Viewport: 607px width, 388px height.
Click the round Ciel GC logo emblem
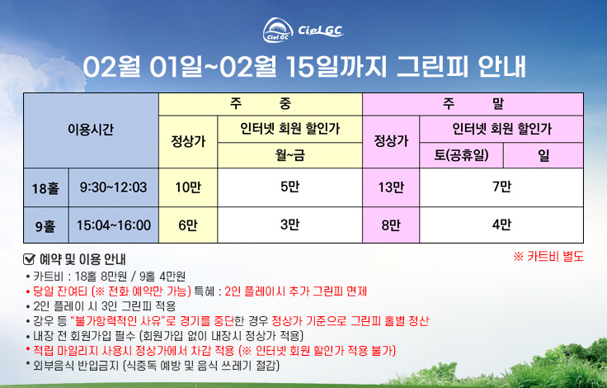click(x=278, y=31)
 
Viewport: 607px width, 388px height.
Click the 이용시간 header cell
click(x=91, y=130)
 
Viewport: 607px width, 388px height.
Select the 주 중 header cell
click(x=261, y=104)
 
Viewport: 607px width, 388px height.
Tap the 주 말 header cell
click(x=473, y=104)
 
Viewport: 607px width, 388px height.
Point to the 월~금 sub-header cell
click(x=290, y=155)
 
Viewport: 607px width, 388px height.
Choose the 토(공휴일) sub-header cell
click(x=462, y=155)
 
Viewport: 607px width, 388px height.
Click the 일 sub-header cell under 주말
click(x=543, y=155)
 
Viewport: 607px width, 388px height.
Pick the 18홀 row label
click(x=46, y=187)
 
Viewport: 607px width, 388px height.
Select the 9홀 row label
click(x=46, y=225)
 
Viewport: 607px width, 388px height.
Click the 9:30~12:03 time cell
click(x=114, y=187)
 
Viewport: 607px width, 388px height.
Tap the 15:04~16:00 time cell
click(x=114, y=225)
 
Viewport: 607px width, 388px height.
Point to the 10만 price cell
click(x=188, y=187)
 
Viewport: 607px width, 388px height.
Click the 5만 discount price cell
click(x=290, y=187)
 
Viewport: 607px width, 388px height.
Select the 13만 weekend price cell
click(x=391, y=187)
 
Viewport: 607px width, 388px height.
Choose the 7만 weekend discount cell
click(x=501, y=187)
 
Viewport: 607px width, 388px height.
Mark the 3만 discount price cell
click(x=290, y=225)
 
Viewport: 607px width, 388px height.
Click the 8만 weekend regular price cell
click(x=391, y=225)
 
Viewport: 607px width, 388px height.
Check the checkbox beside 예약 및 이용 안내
click(x=30, y=259)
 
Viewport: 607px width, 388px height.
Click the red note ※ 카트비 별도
click(x=548, y=257)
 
